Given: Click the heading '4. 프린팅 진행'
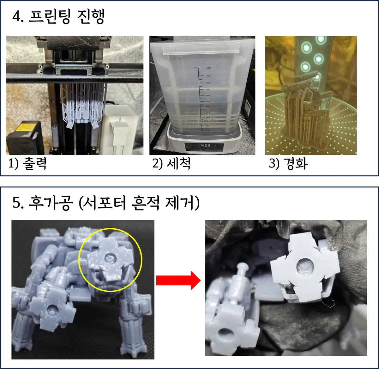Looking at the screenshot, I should (x=58, y=17).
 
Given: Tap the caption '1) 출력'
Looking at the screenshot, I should (x=27, y=164).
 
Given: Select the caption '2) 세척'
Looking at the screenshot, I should (x=171, y=164).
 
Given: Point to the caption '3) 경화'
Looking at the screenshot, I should (x=288, y=164).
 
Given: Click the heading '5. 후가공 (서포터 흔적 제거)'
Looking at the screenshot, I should (x=106, y=203).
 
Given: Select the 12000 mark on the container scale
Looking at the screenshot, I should (x=208, y=68).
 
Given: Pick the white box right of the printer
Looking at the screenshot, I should (x=122, y=130).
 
